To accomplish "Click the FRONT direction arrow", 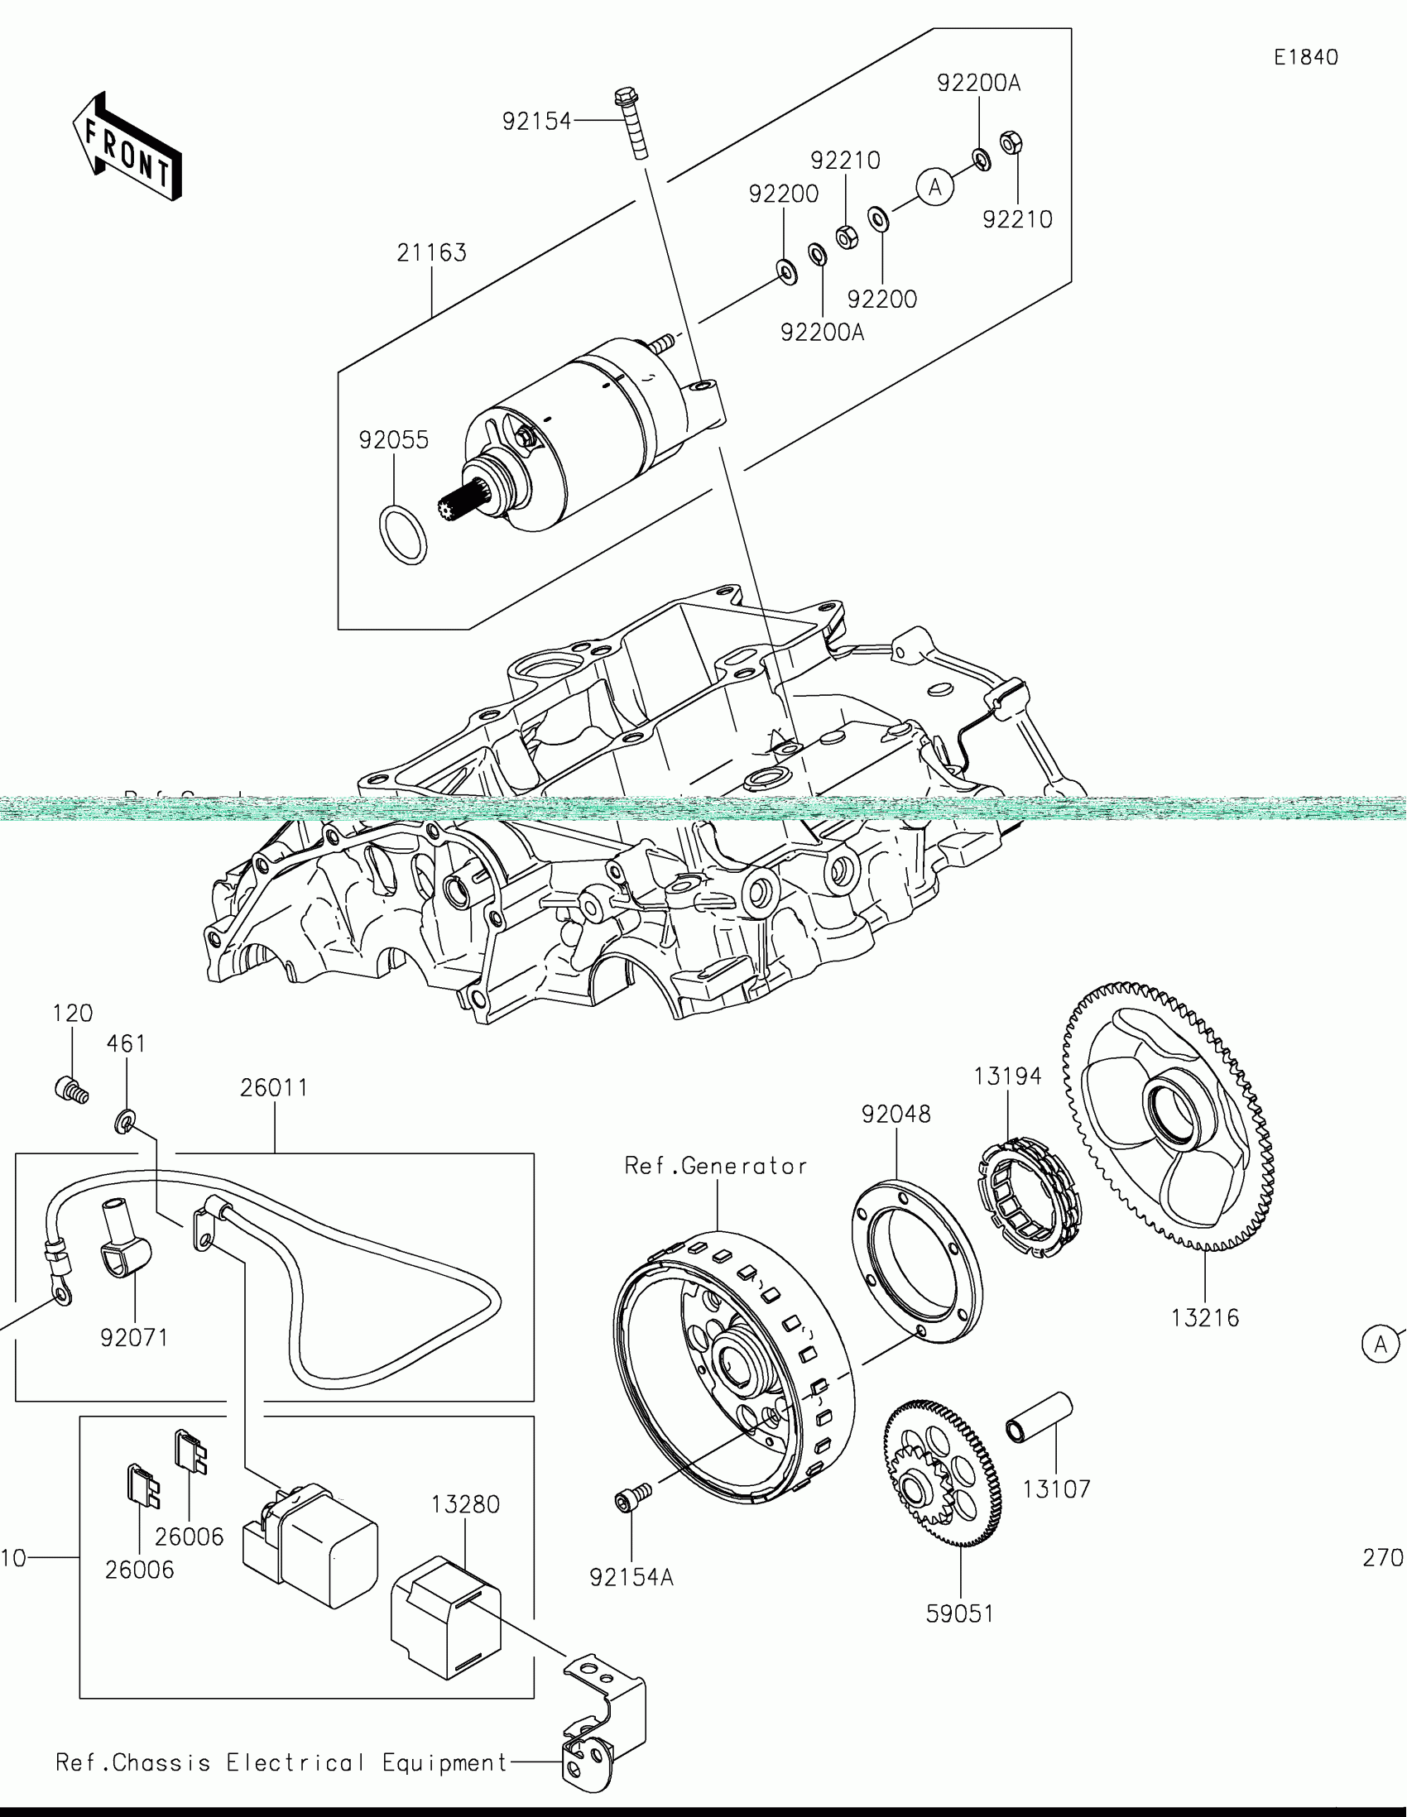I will (x=127, y=147).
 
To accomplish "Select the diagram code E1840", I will (x=1305, y=57).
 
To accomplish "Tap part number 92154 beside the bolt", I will (x=536, y=122).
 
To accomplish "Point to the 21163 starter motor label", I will (x=431, y=253).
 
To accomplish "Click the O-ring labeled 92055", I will (x=403, y=535).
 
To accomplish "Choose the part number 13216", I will (x=1204, y=1318).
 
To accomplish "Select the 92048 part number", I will (x=896, y=1114).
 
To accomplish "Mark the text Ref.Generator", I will (x=716, y=1167).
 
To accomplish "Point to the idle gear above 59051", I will (x=942, y=1474).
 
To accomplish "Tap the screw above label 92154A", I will (x=632, y=1498).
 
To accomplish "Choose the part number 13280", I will (x=465, y=1504).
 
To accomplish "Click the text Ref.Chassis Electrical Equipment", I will (x=281, y=1763).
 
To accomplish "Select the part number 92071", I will (x=134, y=1338).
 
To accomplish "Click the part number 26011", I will (x=274, y=1087).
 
